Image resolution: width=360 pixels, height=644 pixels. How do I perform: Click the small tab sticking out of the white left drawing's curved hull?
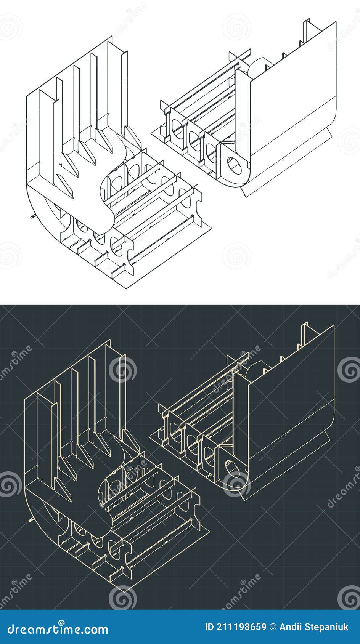point(32,217)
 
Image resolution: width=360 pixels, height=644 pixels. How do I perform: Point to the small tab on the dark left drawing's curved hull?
point(30,519)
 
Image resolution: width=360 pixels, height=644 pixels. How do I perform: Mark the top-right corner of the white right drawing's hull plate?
point(336,22)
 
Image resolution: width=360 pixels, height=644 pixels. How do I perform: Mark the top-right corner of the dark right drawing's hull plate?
point(334,325)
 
